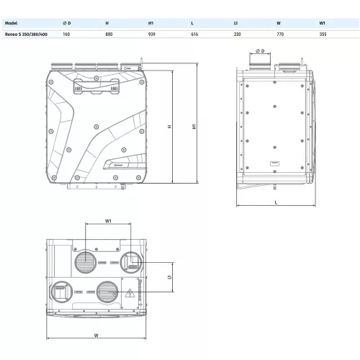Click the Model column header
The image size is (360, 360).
tap(11, 23)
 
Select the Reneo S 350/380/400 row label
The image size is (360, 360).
tap(26, 35)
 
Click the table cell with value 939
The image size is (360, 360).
tap(152, 35)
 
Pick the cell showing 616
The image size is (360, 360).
tap(194, 35)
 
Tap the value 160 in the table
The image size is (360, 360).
tap(66, 35)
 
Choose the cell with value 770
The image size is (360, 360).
tap(280, 35)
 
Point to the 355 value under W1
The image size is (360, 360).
tap(323, 35)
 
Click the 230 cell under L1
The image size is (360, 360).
tap(238, 35)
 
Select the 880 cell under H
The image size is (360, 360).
tap(109, 35)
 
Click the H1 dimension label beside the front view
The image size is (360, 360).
tap(194, 127)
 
